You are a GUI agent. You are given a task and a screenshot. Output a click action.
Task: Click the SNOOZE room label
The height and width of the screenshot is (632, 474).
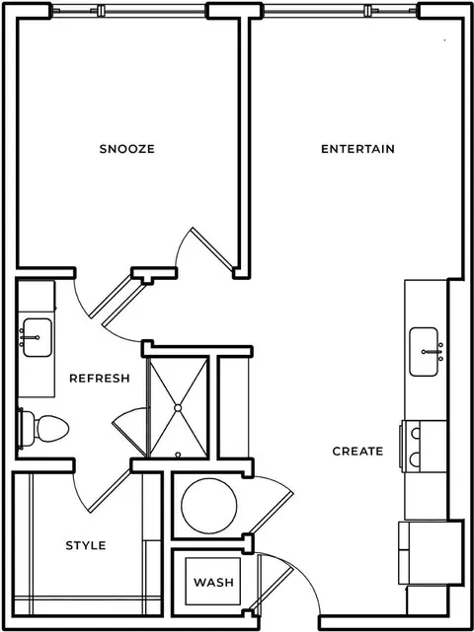(x=126, y=149)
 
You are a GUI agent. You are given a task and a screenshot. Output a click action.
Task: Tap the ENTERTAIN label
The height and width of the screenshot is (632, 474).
(x=357, y=149)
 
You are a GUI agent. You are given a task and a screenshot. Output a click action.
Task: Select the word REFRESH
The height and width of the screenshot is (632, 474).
(x=100, y=378)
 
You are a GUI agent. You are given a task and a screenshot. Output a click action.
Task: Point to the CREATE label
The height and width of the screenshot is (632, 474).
(x=357, y=451)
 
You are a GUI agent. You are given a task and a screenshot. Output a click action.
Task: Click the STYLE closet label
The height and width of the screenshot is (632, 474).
(x=86, y=545)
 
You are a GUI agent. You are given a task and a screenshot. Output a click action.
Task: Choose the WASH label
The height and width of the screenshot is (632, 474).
(x=213, y=582)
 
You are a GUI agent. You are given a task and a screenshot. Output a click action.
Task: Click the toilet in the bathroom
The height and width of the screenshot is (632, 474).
(x=43, y=428)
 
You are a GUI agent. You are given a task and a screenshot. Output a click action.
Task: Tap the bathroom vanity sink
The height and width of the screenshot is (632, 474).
(x=38, y=337)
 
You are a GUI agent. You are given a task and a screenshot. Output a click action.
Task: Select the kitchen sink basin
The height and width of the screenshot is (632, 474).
(x=424, y=351)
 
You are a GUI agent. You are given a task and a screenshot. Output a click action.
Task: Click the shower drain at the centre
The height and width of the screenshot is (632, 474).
(x=178, y=408)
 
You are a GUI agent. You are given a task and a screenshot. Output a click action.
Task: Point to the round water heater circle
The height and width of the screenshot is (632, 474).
(x=209, y=506)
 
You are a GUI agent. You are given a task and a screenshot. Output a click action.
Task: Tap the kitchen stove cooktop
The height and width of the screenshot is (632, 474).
(x=423, y=446)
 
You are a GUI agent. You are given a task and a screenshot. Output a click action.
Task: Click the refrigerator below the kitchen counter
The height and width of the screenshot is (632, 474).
(x=431, y=552)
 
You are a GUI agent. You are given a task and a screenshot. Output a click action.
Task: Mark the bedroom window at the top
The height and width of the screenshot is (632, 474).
(x=128, y=11)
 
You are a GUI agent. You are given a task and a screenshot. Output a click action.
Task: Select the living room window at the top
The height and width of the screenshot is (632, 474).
(x=341, y=11)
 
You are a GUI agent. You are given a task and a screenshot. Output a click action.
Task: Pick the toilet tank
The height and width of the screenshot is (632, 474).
(x=27, y=429)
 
